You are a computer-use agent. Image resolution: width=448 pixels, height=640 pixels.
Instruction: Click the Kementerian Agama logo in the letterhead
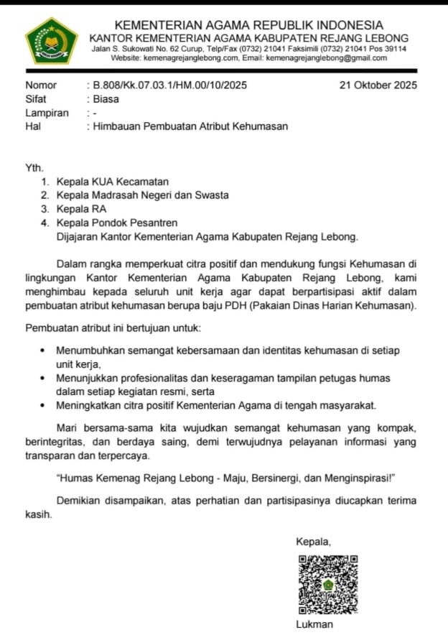coord(51,42)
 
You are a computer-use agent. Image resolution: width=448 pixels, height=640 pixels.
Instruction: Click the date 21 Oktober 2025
coord(378,85)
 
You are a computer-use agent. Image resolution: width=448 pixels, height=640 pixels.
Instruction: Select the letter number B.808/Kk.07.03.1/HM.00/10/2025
coord(166,85)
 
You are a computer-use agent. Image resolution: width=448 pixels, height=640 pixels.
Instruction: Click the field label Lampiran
coord(47,113)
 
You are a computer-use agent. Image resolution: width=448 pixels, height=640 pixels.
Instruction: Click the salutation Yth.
coord(34,168)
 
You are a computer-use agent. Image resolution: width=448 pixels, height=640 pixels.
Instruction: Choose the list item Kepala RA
coord(81,209)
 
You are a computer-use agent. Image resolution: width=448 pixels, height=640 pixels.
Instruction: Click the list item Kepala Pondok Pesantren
coord(116,223)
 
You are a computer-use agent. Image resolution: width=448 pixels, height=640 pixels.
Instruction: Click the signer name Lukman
coord(314,624)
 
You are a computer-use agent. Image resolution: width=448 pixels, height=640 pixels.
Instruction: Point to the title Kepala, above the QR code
coord(314,541)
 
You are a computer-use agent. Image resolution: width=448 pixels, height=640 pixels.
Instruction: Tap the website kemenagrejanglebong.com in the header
coord(190,58)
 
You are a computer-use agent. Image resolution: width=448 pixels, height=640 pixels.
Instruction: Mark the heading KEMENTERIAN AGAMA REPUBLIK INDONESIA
coord(248,25)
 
